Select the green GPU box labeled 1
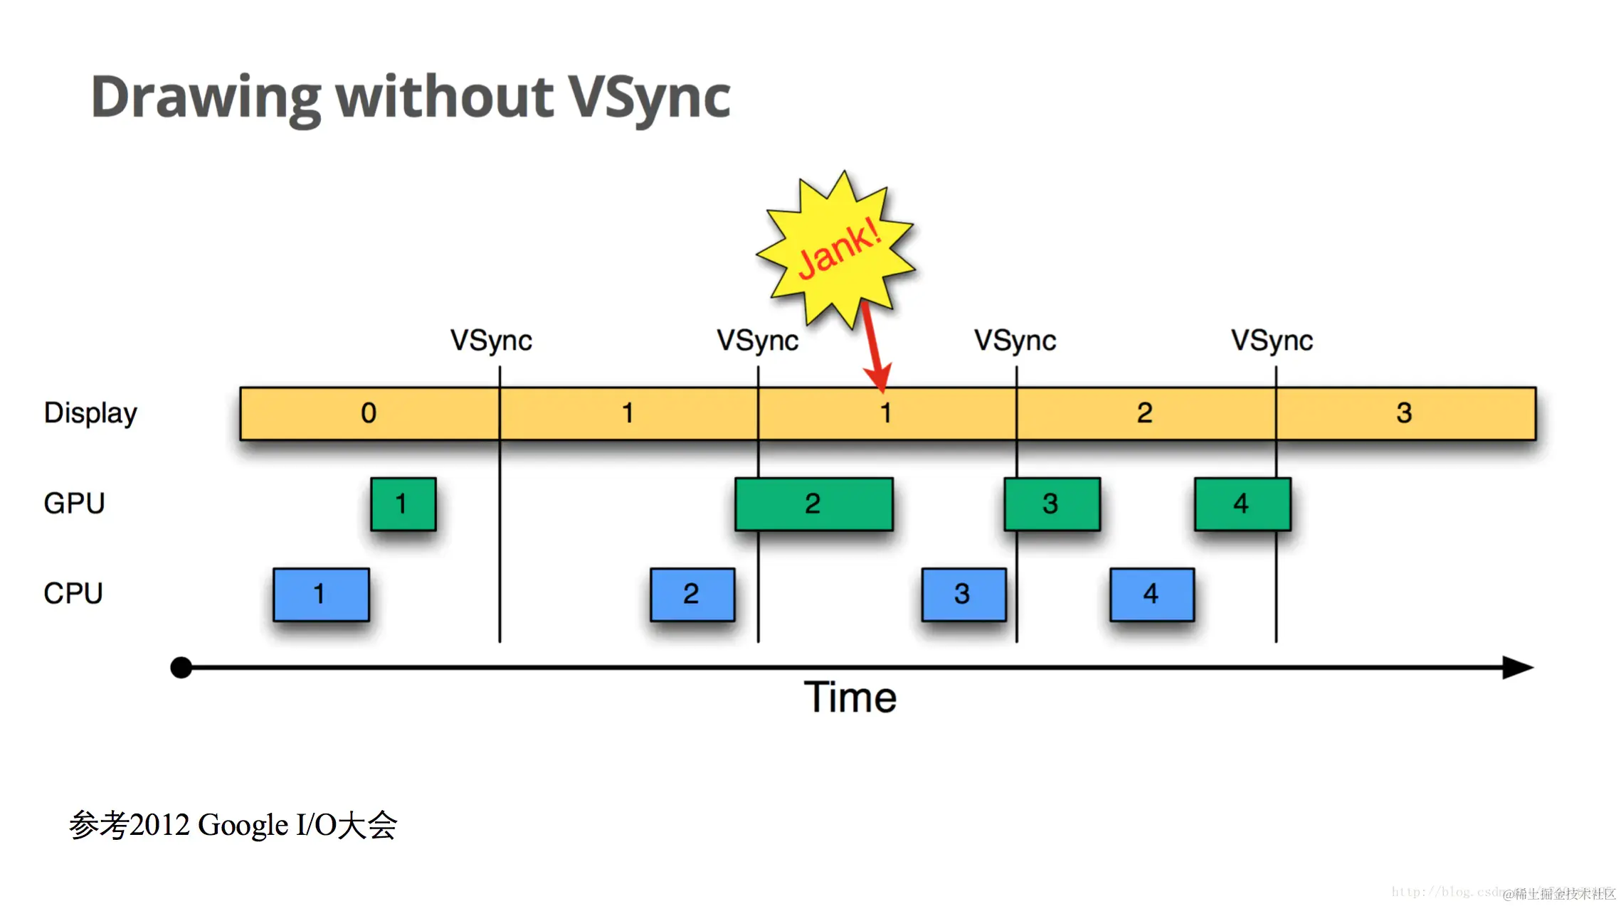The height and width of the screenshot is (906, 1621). tap(403, 504)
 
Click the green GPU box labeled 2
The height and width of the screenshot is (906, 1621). tap(813, 504)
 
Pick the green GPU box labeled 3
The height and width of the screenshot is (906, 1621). tap(1051, 504)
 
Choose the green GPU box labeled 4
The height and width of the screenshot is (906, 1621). tap(1242, 504)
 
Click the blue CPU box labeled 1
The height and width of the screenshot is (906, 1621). tap(321, 595)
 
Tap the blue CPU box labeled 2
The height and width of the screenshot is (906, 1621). tap(692, 595)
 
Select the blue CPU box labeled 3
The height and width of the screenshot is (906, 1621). tap(963, 595)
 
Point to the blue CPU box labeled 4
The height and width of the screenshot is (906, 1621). tap(1151, 595)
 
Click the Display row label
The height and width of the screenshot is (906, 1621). tap(90, 413)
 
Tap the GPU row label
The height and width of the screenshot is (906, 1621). tap(74, 503)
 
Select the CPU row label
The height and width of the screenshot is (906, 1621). tap(73, 593)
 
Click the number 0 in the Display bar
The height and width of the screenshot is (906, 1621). tap(369, 413)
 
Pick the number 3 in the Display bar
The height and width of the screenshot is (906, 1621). tap(1403, 413)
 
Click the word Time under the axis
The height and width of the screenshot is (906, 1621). tap(850, 697)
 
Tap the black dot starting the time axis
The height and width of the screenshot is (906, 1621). tap(181, 668)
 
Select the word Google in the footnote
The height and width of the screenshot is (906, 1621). tap(243, 826)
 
